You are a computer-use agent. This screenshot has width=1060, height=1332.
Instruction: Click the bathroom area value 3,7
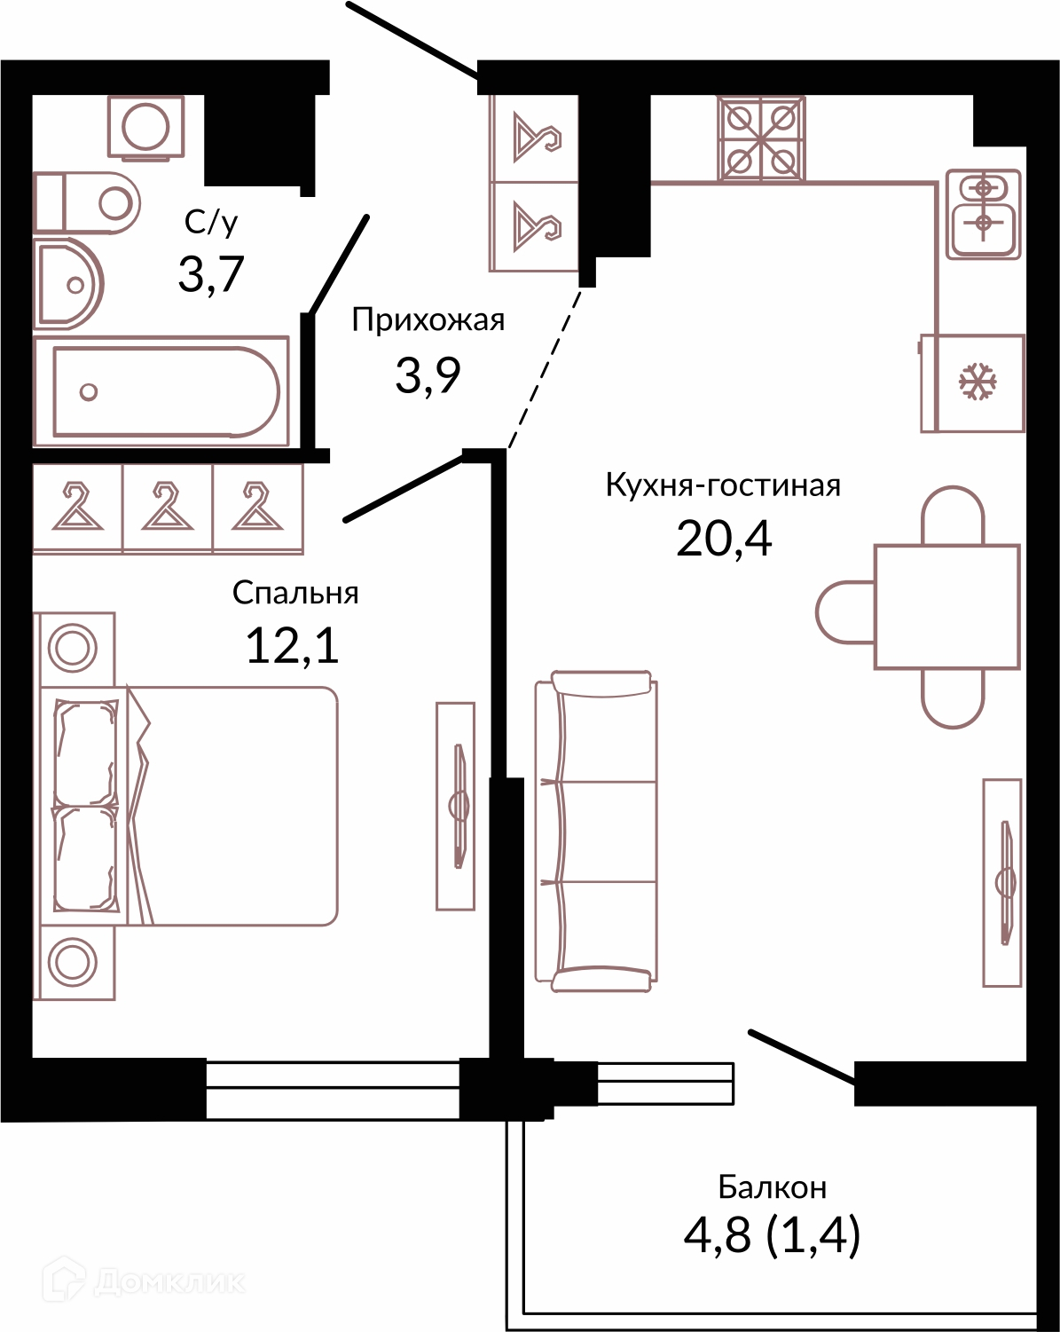tap(212, 274)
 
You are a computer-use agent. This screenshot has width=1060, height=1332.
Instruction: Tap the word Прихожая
tap(428, 320)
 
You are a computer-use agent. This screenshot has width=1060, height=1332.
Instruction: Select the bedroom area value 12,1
tap(292, 645)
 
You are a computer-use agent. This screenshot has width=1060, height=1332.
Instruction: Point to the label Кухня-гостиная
tap(723, 485)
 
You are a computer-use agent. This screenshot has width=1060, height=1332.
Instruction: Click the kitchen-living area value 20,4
tap(724, 539)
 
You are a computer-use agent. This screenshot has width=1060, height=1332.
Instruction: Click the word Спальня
tap(295, 593)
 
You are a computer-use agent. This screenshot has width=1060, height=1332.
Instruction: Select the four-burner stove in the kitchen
tap(761, 138)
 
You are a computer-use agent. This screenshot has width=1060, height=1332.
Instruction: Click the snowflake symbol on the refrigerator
tap(978, 382)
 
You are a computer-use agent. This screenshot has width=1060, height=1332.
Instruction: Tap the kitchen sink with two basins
tap(983, 214)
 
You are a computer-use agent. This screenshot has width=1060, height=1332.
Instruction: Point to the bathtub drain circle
tap(89, 392)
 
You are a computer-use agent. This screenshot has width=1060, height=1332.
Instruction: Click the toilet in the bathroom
tap(87, 203)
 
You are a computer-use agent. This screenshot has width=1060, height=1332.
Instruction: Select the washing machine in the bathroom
tap(146, 127)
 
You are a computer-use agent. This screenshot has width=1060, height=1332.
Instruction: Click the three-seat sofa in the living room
tap(596, 832)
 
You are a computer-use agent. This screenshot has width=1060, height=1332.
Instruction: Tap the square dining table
tap(946, 607)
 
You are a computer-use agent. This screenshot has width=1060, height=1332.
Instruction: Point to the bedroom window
tap(333, 1090)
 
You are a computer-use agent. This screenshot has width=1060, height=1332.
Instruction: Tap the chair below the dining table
tap(953, 698)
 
